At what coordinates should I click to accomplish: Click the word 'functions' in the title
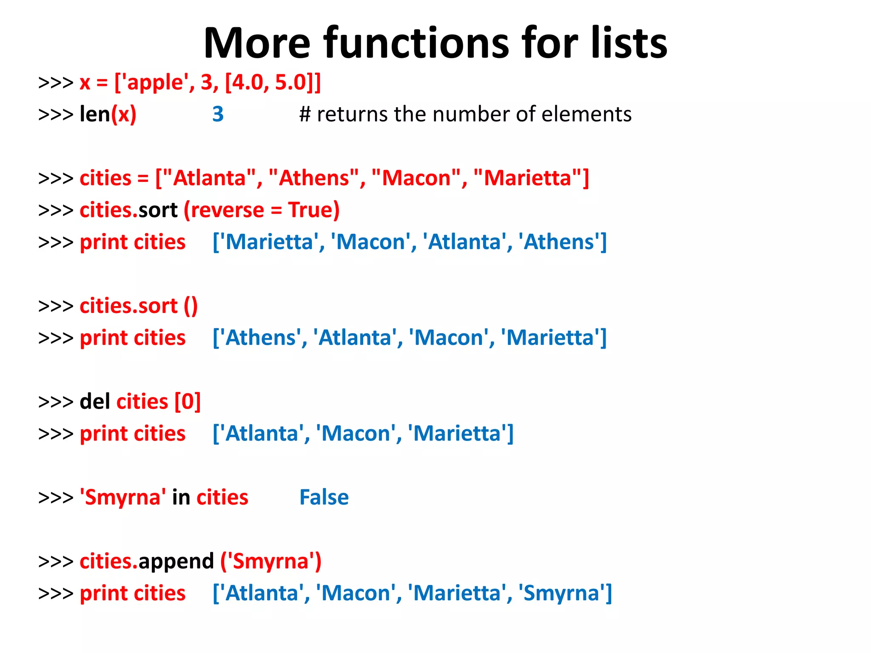tap(416, 43)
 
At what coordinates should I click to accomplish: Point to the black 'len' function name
tap(95, 114)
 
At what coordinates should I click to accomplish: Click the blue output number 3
tap(218, 114)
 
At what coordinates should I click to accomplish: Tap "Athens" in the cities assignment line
tap(314, 178)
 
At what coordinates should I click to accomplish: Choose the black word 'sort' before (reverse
tap(158, 210)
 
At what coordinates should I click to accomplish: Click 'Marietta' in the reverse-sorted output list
tap(270, 242)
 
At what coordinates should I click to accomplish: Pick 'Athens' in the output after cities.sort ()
tap(260, 338)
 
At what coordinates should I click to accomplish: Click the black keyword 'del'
tap(95, 401)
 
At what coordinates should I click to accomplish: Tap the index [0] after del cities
tap(188, 401)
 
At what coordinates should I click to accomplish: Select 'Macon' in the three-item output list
tap(356, 434)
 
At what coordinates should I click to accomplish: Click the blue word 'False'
tap(324, 497)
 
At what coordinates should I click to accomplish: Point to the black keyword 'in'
tap(181, 497)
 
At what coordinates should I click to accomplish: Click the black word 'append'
tap(176, 561)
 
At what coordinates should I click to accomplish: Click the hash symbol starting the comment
tap(305, 114)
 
